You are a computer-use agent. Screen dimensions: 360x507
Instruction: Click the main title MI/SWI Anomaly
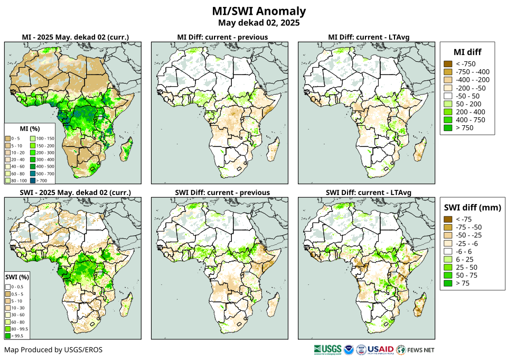click(x=259, y=11)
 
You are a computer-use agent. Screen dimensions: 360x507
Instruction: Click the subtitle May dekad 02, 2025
click(x=259, y=23)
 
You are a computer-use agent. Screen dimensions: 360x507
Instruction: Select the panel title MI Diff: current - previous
click(x=222, y=37)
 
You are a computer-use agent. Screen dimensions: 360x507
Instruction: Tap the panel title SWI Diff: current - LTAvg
click(x=368, y=192)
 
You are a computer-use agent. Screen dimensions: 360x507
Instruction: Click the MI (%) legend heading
click(x=31, y=128)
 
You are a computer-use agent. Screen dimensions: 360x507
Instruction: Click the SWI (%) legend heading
click(x=17, y=276)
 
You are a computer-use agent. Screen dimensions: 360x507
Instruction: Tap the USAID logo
click(x=380, y=349)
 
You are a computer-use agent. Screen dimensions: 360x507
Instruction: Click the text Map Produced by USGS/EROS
click(x=53, y=350)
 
